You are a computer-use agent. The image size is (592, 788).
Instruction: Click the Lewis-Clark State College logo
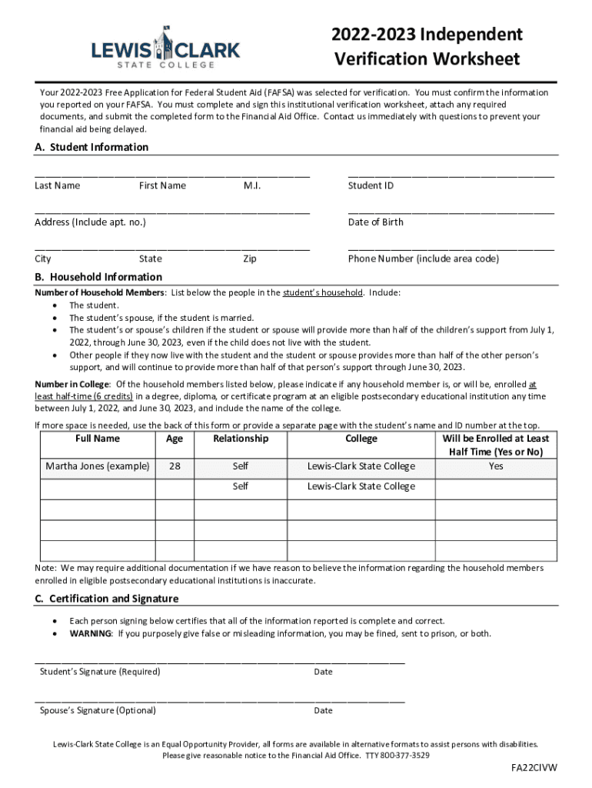165,48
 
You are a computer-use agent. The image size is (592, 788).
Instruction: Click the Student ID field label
371,185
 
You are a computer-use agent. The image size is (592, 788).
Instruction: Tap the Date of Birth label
375,222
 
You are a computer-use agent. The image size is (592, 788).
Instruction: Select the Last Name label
57,185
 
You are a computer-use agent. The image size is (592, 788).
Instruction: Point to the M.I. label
252,185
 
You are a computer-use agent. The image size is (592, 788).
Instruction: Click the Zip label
250,259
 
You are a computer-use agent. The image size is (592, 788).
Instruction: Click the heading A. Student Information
91,147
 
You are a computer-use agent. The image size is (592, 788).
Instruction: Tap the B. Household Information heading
98,277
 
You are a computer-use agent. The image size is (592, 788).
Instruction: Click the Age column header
175,439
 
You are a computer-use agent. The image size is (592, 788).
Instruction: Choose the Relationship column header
241,439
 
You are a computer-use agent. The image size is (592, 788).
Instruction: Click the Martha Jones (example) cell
97,466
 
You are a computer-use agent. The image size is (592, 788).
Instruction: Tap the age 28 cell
175,466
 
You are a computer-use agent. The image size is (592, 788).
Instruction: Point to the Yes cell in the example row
496,466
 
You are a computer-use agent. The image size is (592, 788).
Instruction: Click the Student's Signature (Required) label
100,672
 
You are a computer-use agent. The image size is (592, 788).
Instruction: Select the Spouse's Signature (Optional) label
98,710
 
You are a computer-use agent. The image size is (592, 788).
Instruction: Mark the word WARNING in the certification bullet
91,633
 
